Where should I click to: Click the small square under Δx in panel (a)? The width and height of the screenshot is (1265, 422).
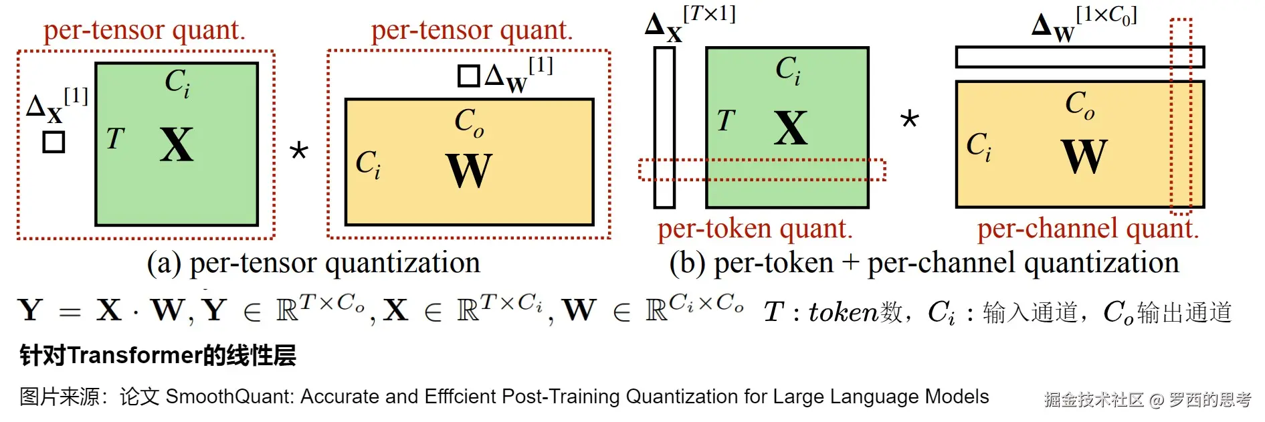(54, 142)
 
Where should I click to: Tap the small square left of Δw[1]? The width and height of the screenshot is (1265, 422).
(469, 76)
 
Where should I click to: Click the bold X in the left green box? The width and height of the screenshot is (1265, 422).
(177, 145)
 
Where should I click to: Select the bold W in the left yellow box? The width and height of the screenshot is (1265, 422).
(469, 171)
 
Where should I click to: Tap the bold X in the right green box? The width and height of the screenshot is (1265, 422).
(791, 128)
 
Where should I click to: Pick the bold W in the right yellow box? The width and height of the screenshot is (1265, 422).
(1084, 156)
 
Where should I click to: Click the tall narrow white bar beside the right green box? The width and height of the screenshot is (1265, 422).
(664, 127)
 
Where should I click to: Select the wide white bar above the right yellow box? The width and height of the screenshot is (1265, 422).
(1079, 58)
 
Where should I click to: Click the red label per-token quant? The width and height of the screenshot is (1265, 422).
(755, 229)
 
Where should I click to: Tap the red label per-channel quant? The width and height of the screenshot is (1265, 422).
(1088, 229)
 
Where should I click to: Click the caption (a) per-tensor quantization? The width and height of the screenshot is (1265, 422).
(313, 263)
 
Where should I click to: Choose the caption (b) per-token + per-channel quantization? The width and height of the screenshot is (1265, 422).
(924, 263)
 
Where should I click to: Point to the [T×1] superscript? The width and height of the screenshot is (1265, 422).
(709, 13)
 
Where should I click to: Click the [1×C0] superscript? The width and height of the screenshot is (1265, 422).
(1106, 15)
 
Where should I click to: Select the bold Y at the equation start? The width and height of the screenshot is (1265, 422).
(31, 310)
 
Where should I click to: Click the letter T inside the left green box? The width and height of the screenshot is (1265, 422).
(115, 139)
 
